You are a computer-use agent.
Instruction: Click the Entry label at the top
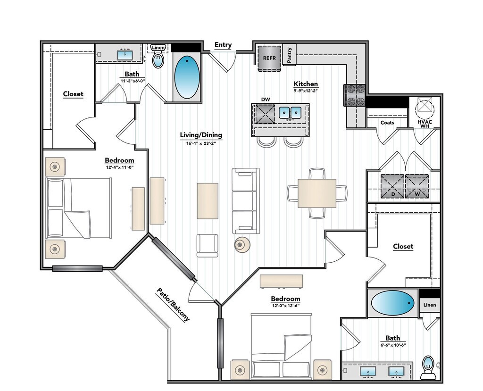click(223, 45)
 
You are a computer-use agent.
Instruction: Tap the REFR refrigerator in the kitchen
click(269, 58)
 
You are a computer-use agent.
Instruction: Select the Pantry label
click(289, 55)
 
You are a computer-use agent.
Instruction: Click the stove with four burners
click(354, 95)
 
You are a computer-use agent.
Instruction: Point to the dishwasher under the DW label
click(265, 114)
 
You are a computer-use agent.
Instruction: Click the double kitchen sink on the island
click(290, 113)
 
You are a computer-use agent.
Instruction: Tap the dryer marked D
click(392, 186)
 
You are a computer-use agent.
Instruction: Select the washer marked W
click(417, 186)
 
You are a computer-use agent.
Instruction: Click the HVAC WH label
click(425, 124)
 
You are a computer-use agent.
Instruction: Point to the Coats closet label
click(387, 123)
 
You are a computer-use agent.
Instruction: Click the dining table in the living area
click(317, 193)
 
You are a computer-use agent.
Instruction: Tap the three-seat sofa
click(245, 201)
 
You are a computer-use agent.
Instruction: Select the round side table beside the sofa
click(242, 245)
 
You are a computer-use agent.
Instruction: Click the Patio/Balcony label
click(173, 304)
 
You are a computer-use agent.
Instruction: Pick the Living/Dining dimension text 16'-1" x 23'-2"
click(201, 143)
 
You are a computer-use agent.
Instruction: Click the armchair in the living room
click(208, 246)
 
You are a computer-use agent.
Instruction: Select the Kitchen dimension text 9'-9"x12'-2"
click(305, 91)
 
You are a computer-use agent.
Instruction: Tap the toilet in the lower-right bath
click(428, 367)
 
